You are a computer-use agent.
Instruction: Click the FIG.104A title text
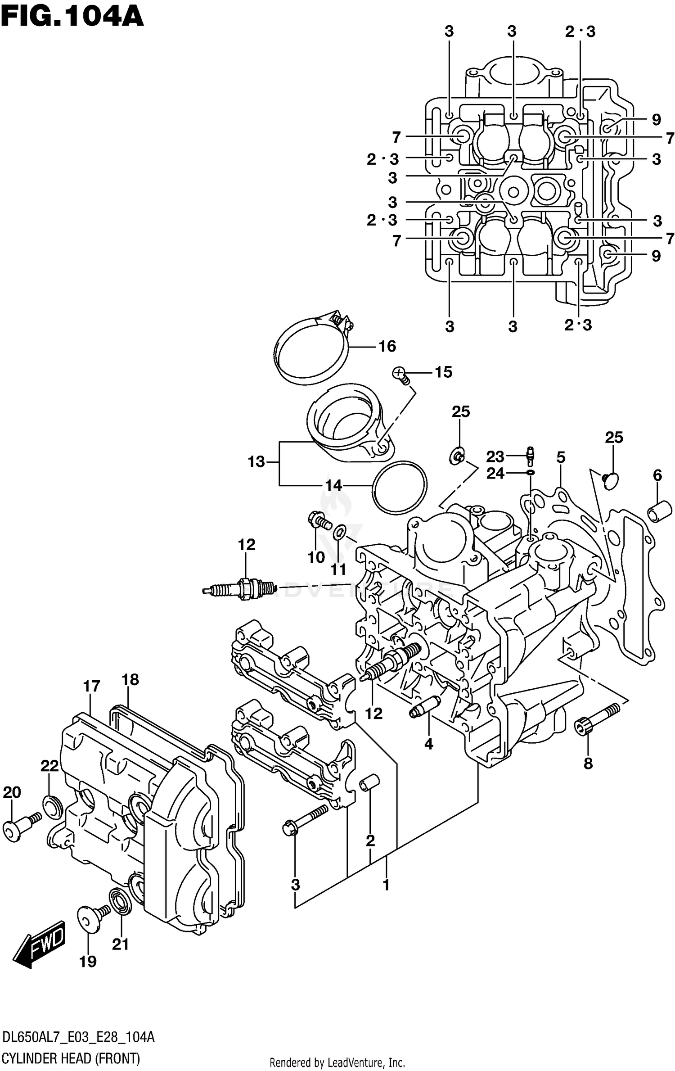click(72, 17)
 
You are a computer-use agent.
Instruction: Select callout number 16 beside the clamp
click(387, 347)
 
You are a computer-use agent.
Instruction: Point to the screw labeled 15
click(400, 374)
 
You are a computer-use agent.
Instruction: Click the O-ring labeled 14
click(400, 487)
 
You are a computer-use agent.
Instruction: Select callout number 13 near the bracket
click(256, 462)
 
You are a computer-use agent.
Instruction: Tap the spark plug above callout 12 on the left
click(238, 588)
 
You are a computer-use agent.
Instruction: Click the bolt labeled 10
click(320, 521)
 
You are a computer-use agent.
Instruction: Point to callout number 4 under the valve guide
click(428, 744)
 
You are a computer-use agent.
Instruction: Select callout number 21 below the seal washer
click(120, 944)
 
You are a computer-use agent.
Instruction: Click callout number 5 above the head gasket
click(560, 458)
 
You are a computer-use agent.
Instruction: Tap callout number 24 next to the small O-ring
click(495, 474)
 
